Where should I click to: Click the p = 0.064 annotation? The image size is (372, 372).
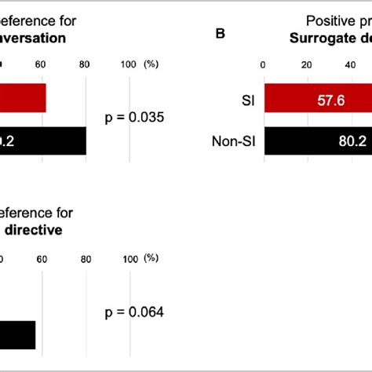[133, 312]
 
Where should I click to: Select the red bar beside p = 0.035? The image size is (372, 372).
[23, 99]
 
